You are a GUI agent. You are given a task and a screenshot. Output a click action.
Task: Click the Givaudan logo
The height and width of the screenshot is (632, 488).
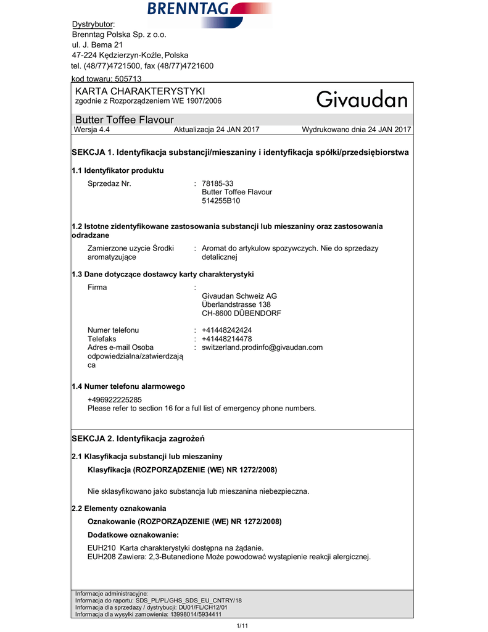click(x=362, y=99)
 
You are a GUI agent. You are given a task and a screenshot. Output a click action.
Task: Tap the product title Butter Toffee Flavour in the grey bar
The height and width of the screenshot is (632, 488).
click(x=124, y=120)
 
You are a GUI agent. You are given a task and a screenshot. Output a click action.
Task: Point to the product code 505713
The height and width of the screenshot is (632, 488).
click(x=128, y=79)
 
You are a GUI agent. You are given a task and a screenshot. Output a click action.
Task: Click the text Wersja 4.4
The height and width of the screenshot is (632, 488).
click(x=92, y=130)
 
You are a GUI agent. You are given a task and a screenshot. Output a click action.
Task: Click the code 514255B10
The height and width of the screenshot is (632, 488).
click(x=221, y=201)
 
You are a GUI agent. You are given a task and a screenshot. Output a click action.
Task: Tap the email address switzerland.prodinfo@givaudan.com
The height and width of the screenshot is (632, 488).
click(x=262, y=347)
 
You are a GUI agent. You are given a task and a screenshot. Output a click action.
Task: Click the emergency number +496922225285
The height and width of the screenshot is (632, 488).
click(x=115, y=399)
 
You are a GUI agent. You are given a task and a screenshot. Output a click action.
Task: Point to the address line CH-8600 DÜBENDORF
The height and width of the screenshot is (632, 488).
click(x=241, y=313)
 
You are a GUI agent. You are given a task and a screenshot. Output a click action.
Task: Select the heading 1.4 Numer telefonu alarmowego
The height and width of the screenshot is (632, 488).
click(x=128, y=386)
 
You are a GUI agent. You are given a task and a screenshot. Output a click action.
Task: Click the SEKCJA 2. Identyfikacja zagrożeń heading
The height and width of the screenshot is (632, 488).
click(x=138, y=438)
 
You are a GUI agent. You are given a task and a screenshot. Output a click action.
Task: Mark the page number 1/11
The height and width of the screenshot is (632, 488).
click(x=242, y=626)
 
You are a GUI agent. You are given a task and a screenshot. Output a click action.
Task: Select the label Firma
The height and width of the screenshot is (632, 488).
click(x=97, y=287)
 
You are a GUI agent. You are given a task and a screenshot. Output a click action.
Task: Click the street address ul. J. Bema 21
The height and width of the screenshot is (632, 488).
click(x=97, y=45)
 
